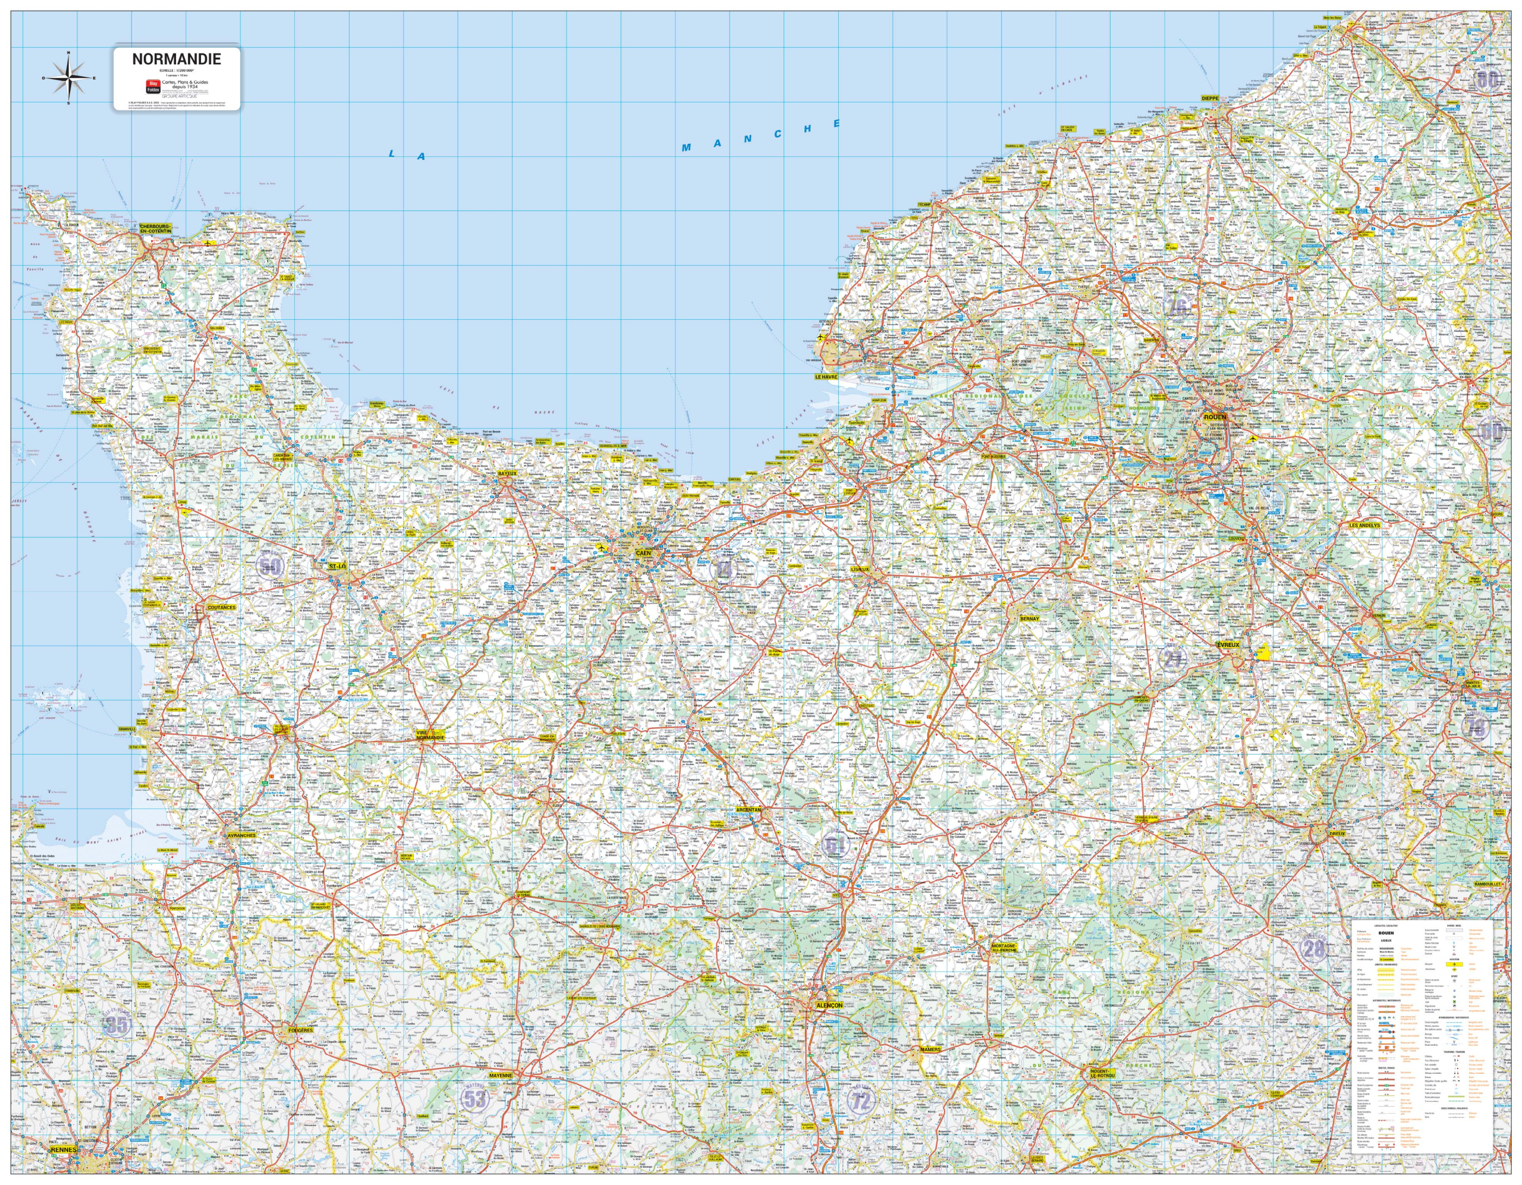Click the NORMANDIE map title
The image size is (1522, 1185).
[177, 60]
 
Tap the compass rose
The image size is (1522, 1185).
[68, 77]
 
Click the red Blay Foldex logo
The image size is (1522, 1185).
[153, 86]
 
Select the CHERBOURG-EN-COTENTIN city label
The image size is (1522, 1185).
[155, 229]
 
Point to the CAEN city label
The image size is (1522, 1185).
[643, 553]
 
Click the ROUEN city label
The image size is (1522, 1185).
[1214, 417]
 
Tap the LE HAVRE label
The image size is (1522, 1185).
[826, 376]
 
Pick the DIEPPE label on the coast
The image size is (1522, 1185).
[1210, 98]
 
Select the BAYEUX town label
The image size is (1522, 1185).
[507, 473]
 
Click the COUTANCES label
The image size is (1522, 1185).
[222, 607]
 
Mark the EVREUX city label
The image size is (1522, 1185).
[1228, 645]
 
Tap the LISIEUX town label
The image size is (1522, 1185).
[860, 570]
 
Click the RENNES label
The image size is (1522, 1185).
[64, 1149]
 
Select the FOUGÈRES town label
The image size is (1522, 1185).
[300, 1030]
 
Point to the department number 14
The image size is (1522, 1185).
[723, 570]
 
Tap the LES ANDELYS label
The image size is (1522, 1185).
[1364, 526]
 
